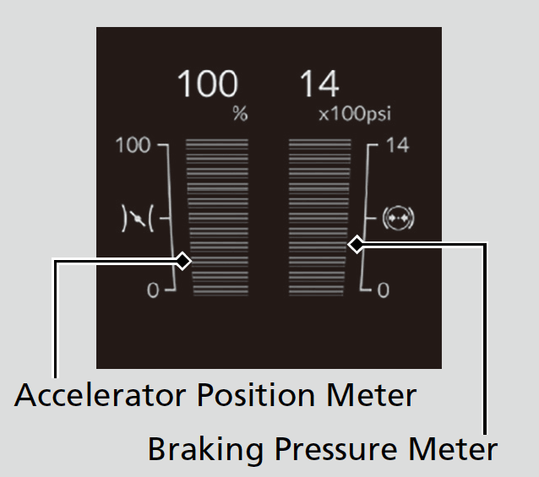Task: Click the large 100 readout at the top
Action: pos(207,84)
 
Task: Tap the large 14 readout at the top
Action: pos(319,84)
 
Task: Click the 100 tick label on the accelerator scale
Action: pos(132,145)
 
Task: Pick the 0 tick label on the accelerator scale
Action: pos(152,290)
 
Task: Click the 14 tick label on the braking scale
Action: pos(396,145)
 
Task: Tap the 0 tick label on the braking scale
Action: pos(383,290)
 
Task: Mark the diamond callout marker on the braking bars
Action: pos(357,245)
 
